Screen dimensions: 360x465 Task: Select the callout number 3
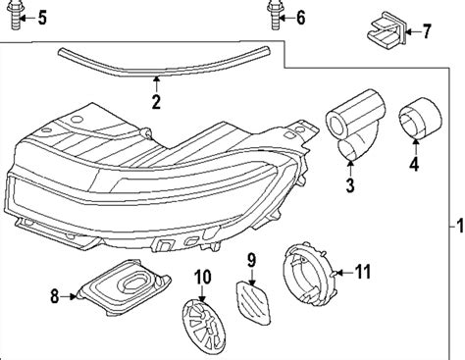pos(348,183)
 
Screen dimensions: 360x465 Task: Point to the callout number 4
pos(413,165)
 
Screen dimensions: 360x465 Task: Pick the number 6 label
pos(300,17)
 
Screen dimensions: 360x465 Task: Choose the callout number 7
pos(425,32)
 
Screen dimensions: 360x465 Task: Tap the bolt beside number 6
pos(272,17)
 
